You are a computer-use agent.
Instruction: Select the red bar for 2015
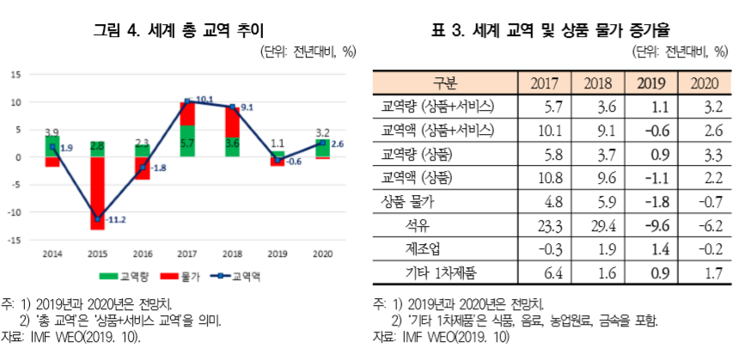point(100,193)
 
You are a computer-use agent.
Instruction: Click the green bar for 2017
point(186,141)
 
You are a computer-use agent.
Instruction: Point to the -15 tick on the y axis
point(15,240)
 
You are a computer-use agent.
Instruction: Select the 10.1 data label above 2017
point(204,100)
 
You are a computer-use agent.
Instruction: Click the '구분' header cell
point(446,84)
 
